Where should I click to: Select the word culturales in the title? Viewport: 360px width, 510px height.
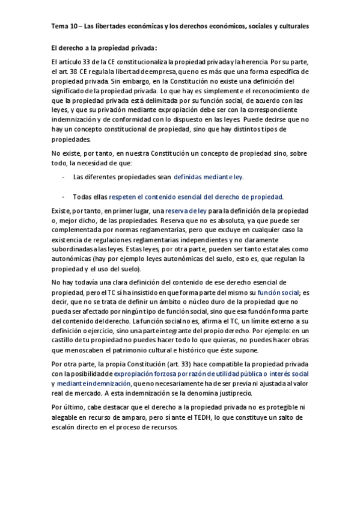pyautogui.click(x=290, y=26)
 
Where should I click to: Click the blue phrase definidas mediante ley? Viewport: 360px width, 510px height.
pyautogui.click(x=209, y=177)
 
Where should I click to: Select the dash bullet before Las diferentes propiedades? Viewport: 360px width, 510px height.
pyautogui.click(x=64, y=177)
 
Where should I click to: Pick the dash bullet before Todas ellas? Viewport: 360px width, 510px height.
pyautogui.click(x=64, y=197)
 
